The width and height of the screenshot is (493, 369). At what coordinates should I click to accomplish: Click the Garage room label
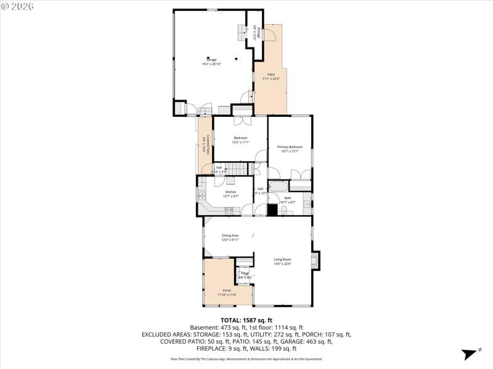point(211,60)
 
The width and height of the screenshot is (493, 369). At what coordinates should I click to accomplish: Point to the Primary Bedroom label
point(290,147)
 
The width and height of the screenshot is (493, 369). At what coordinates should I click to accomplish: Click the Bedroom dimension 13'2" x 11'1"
point(240,142)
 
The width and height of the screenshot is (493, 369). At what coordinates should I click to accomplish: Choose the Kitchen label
point(230,192)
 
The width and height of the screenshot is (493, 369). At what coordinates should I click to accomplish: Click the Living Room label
point(282,259)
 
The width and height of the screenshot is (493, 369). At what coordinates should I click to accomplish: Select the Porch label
point(227,290)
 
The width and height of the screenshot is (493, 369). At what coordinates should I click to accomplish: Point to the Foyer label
point(245,273)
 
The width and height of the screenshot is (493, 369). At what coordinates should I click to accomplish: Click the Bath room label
point(287,198)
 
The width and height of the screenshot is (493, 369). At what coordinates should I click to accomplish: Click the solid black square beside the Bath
point(272,209)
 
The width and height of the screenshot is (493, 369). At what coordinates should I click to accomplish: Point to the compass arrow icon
point(467,353)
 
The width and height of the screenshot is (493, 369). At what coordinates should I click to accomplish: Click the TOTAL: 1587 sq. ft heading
point(246,320)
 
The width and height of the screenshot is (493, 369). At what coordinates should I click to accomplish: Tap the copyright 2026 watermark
point(18,6)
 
